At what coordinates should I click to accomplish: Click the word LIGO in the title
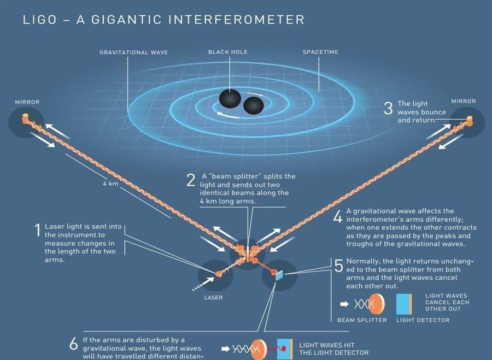[x=39, y=20]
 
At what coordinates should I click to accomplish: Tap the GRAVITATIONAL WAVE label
[x=134, y=52]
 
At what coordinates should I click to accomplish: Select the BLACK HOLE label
[x=228, y=52]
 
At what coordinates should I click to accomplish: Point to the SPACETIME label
[x=320, y=52]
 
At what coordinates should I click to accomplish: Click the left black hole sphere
[x=230, y=98]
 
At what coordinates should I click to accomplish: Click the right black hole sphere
[x=254, y=105]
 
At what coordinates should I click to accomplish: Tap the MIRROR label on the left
[x=27, y=102]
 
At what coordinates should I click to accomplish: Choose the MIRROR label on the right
[x=464, y=101]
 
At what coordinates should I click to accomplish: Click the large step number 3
[x=389, y=108]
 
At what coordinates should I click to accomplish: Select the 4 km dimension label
[x=111, y=184]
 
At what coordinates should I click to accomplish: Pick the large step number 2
[x=191, y=180]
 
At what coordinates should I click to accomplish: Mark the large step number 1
[x=38, y=230]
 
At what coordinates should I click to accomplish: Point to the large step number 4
[x=338, y=216]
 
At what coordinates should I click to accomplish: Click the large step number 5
[x=339, y=266]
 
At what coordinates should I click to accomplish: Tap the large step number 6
[x=74, y=344]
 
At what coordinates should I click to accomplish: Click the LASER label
[x=214, y=298]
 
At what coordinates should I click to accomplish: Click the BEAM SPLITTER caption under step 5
[x=362, y=320]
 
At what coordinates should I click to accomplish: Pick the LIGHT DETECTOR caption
[x=423, y=320]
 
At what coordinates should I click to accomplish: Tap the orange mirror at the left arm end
[x=25, y=119]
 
